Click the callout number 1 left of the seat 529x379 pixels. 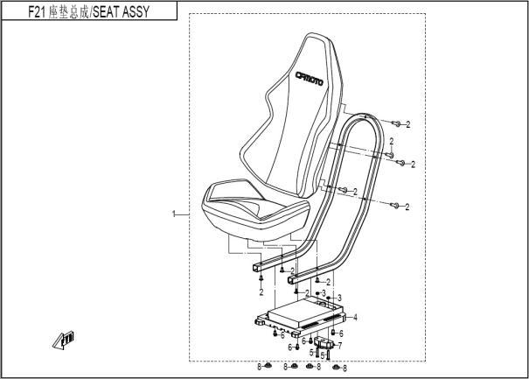(x=174, y=214)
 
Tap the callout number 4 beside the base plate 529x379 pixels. (x=354, y=315)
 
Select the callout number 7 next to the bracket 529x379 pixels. (x=339, y=346)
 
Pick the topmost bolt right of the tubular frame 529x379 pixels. (x=395, y=123)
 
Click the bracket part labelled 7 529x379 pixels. (x=324, y=345)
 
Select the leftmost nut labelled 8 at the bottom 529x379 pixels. (x=268, y=366)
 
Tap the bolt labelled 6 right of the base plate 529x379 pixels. (x=332, y=333)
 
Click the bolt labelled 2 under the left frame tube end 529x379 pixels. (x=261, y=278)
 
